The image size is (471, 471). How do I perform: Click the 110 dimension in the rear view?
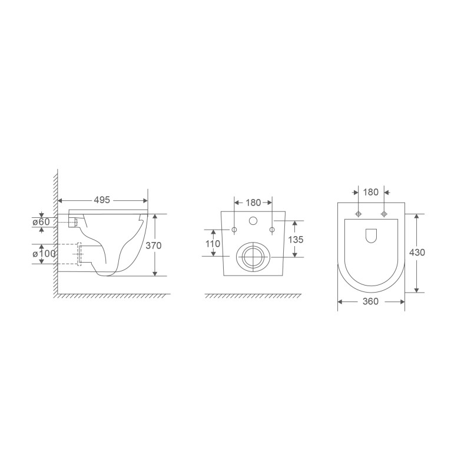click(213, 243)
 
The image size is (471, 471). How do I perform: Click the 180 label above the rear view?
click(253, 203)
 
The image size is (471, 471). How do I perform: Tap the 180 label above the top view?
click(371, 192)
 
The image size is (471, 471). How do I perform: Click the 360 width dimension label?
click(371, 301)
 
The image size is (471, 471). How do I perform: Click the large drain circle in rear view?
click(253, 256)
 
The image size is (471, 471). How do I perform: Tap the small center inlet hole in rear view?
click(253, 221)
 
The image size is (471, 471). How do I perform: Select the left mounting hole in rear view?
click(234, 228)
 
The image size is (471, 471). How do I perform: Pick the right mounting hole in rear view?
click(272, 228)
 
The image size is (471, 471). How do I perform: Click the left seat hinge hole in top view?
click(358, 213)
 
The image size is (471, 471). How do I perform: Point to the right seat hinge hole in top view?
click(384, 213)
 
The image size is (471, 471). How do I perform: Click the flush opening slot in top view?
click(371, 235)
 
